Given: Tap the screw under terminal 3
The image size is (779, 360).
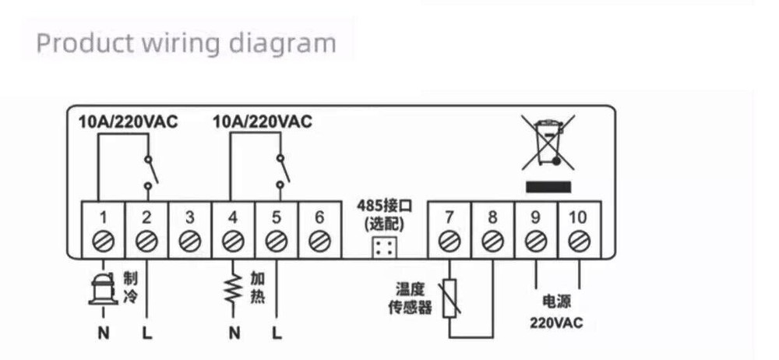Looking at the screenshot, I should [188, 242].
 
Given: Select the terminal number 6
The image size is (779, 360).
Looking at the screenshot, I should [318, 217].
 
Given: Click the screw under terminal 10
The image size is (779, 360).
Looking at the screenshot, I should [577, 242].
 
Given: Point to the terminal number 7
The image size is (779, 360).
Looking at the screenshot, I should [449, 217].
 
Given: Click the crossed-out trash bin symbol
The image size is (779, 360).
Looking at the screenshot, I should [548, 143].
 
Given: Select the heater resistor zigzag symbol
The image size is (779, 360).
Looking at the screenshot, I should [232, 289].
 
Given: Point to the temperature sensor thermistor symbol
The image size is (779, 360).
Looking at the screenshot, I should [449, 299].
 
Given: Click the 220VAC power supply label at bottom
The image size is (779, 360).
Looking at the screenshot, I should [555, 322].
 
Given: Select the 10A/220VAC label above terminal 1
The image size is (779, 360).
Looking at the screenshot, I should [128, 122].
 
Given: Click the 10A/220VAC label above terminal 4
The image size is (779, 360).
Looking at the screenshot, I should [262, 122].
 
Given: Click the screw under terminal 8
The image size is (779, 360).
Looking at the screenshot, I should [492, 242].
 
